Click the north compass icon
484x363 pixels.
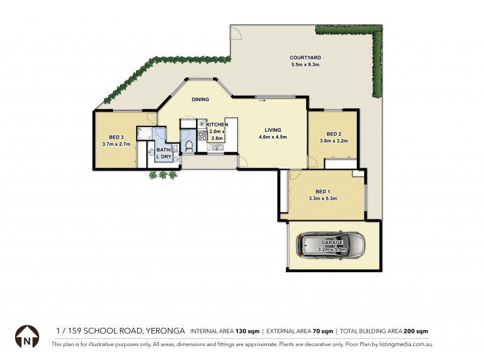(27, 336)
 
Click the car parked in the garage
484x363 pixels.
(330, 246)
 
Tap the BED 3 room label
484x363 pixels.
(116, 137)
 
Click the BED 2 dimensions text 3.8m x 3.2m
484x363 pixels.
(334, 141)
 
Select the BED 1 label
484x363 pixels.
(322, 190)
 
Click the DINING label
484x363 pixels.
(200, 100)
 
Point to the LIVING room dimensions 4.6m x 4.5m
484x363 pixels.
(272, 137)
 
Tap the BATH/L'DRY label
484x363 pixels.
(164, 153)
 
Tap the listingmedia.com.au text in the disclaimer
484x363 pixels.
(405, 344)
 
